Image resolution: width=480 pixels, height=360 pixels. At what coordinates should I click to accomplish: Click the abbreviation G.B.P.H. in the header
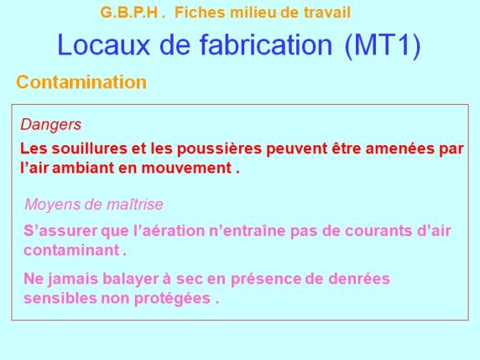pyautogui.click(x=133, y=13)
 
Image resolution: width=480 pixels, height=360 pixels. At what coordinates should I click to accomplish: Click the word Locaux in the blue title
pyautogui.click(x=103, y=44)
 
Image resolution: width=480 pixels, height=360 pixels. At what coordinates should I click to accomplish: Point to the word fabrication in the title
pyautogui.click(x=266, y=44)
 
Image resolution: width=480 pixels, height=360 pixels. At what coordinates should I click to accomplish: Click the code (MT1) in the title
pyautogui.click(x=383, y=45)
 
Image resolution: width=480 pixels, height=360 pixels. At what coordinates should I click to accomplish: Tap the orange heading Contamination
pyautogui.click(x=81, y=82)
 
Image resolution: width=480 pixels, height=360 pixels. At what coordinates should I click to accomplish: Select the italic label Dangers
pyautogui.click(x=51, y=124)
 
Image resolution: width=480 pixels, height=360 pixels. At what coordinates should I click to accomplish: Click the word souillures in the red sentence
pyautogui.click(x=89, y=149)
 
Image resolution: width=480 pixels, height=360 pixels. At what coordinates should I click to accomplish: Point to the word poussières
pyautogui.click(x=219, y=149)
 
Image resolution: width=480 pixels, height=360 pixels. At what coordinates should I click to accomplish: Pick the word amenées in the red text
pyautogui.click(x=399, y=149)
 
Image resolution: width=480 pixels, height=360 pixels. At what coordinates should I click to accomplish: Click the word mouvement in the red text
pyautogui.click(x=186, y=168)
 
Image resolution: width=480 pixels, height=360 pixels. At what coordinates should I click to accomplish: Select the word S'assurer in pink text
pyautogui.click(x=60, y=231)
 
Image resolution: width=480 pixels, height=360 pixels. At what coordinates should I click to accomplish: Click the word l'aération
pyautogui.click(x=169, y=231)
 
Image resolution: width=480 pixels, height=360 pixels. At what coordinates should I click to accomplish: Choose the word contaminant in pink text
pyautogui.click(x=71, y=250)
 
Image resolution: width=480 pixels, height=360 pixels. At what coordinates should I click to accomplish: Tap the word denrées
pyautogui.click(x=359, y=279)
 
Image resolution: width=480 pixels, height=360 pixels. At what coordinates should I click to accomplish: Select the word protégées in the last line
pyautogui.click(x=172, y=299)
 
